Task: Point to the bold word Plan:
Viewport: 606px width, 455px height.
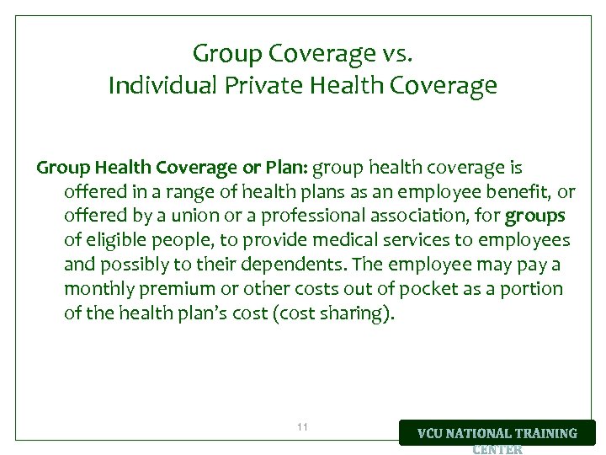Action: (x=285, y=168)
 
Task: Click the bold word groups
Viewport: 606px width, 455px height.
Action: (x=534, y=216)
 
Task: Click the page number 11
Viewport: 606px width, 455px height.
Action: (x=303, y=428)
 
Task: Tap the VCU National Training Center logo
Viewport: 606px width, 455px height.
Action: (x=497, y=436)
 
